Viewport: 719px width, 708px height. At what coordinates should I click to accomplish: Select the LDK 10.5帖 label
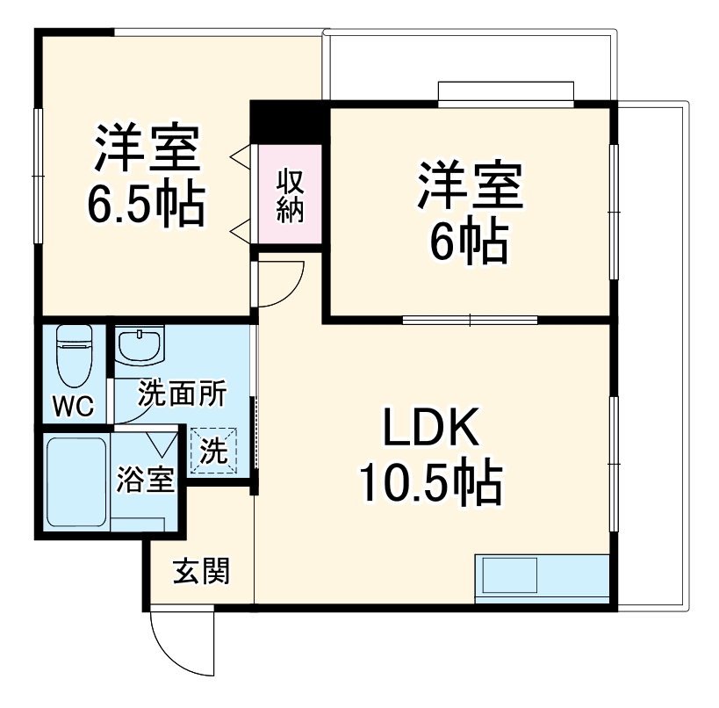coord(429,457)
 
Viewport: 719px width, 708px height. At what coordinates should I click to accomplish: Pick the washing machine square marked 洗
coord(213,451)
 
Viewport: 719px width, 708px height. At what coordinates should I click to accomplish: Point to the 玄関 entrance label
coord(200,572)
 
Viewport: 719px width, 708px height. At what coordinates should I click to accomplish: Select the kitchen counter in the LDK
coord(542,578)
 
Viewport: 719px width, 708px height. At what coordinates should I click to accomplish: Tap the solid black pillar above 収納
coord(289,121)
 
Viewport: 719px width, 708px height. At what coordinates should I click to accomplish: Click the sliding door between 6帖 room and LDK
coord(470,319)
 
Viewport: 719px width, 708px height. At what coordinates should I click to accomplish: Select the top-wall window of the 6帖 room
coord(507,92)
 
